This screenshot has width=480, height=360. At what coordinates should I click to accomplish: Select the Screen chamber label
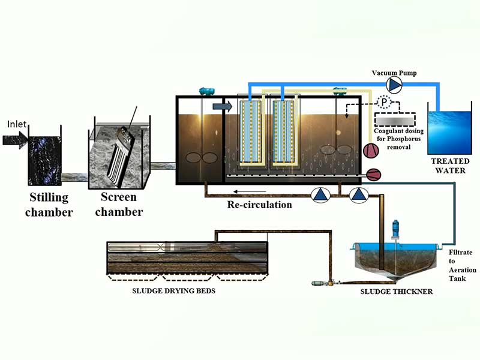[x=118, y=204]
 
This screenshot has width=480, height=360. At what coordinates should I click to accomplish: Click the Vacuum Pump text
[x=392, y=73]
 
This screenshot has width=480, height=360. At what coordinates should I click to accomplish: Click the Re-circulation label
[x=259, y=205]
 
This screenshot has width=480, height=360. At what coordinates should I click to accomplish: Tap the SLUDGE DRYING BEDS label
[x=174, y=291]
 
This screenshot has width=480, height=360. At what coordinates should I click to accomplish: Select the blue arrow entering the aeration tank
[x=221, y=106]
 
